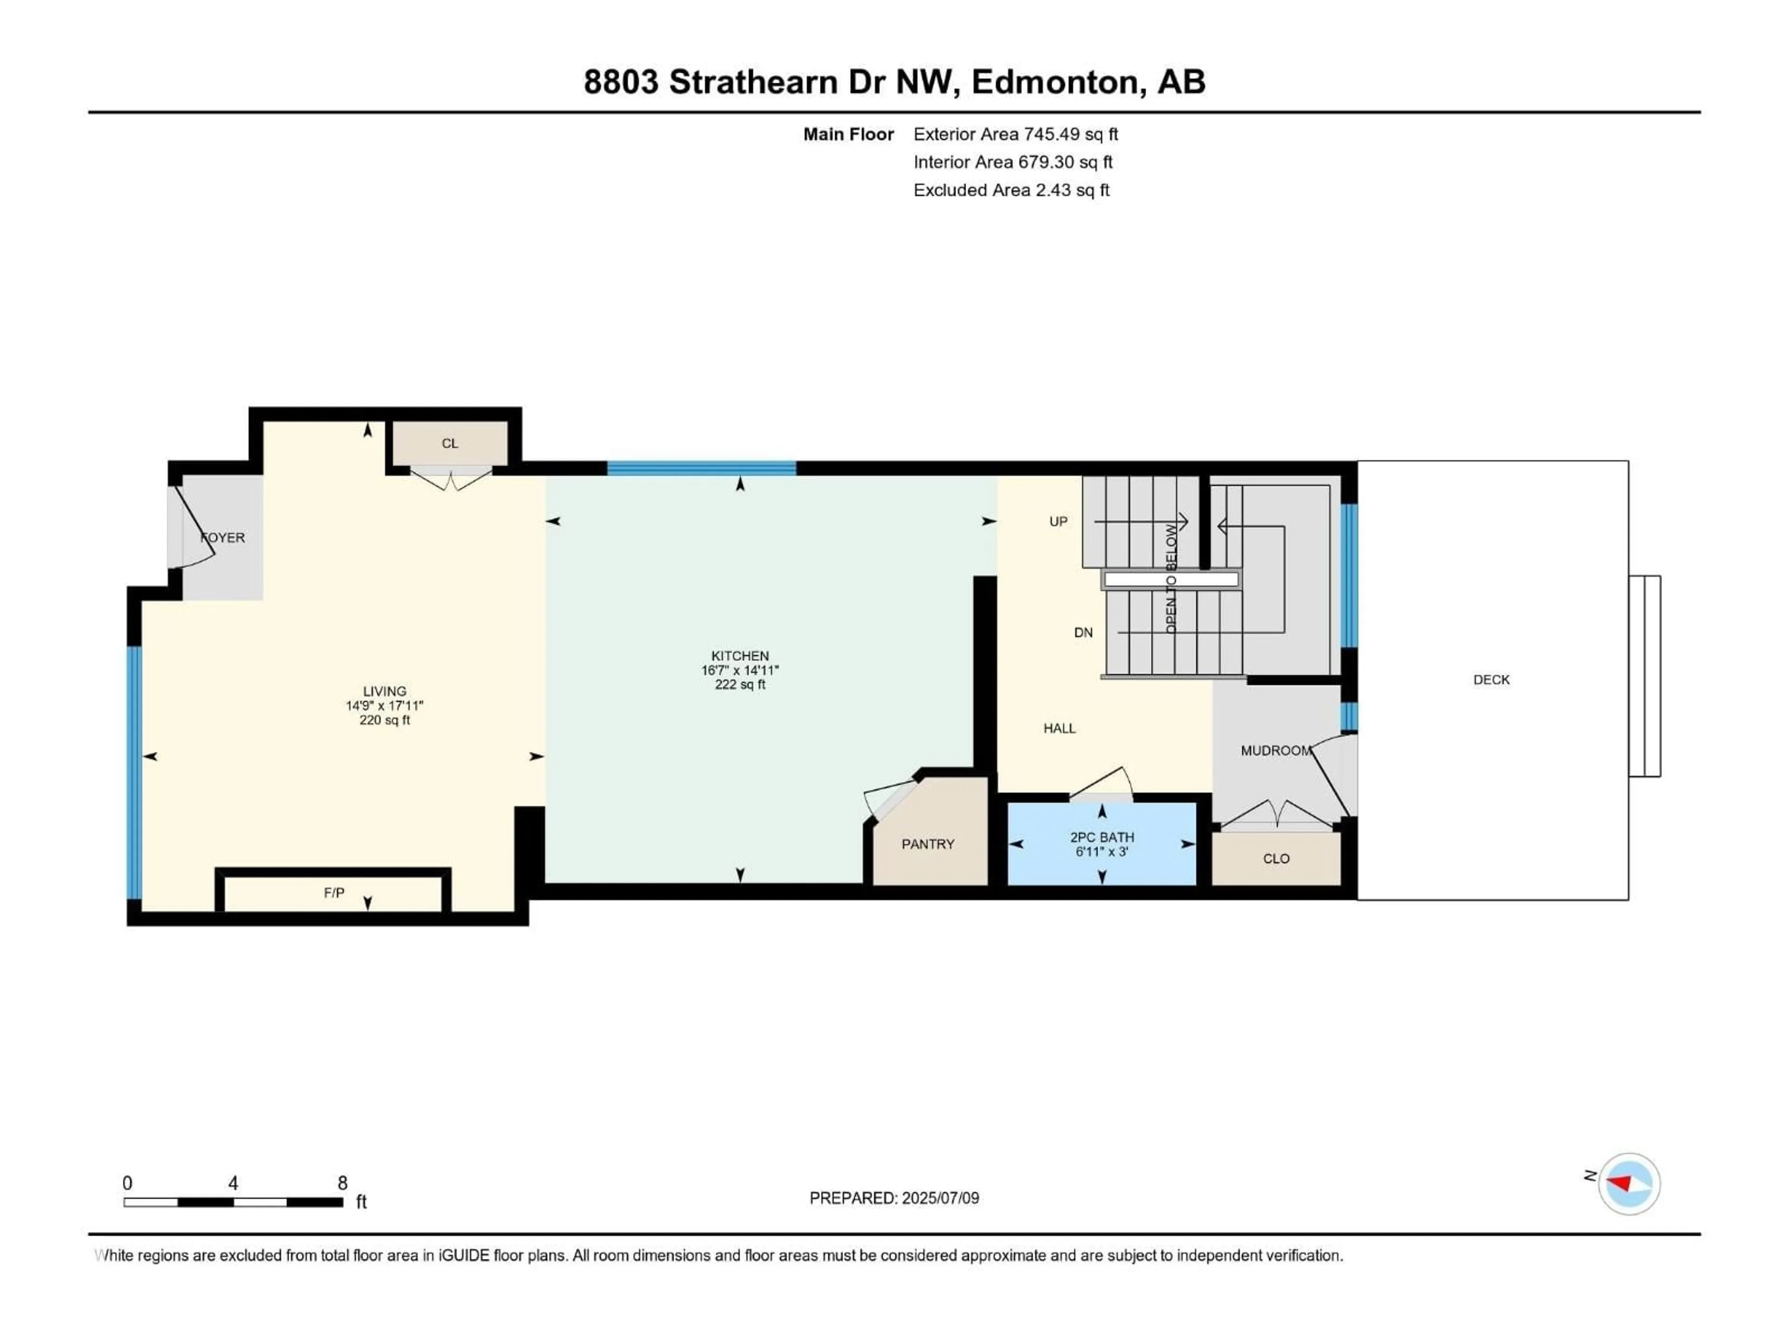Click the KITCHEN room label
point(740,656)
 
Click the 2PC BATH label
point(1102,837)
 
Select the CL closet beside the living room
point(450,443)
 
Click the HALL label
point(1059,728)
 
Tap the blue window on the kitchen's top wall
point(702,468)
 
